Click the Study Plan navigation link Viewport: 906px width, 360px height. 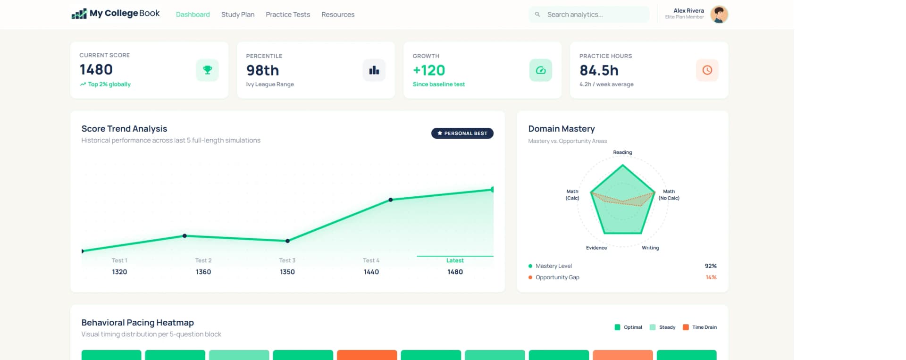(238, 15)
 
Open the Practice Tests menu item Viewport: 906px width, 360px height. (288, 15)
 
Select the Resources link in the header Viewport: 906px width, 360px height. (338, 15)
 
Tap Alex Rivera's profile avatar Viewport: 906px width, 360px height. (719, 15)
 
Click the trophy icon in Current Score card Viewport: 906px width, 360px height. (207, 70)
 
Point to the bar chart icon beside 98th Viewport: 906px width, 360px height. (374, 70)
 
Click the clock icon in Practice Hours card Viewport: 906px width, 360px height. (707, 70)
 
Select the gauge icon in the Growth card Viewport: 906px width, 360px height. (541, 70)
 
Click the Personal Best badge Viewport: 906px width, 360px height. (462, 134)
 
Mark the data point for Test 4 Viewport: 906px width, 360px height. (391, 200)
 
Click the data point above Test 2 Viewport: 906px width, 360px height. (185, 236)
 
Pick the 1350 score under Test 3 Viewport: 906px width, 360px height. (287, 272)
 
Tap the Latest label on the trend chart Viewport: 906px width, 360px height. (455, 260)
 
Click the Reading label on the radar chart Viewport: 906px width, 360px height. (622, 152)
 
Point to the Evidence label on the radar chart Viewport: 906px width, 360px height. (596, 248)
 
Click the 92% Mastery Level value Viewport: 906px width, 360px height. (711, 266)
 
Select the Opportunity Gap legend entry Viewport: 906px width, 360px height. (557, 277)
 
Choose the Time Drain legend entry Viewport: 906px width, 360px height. (700, 327)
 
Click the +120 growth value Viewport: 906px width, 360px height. (429, 70)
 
